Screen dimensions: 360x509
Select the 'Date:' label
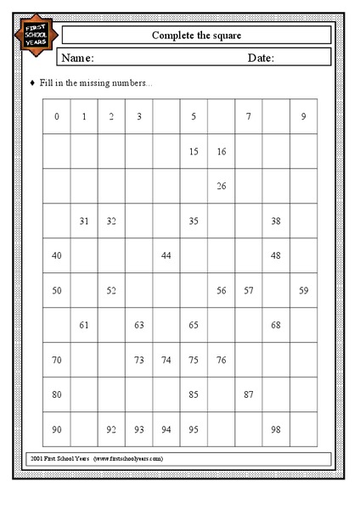[x=262, y=58]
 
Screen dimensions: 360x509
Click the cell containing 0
[x=57, y=116]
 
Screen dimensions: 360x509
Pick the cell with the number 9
[x=303, y=116]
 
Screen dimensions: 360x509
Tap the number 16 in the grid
[x=221, y=152]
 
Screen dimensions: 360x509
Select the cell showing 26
[x=221, y=186]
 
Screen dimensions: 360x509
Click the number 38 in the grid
[x=276, y=221]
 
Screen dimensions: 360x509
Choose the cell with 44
[x=166, y=255]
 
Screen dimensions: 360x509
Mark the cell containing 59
[x=303, y=290]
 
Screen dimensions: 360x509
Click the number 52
[x=111, y=290]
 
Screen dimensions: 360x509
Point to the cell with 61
[x=84, y=325]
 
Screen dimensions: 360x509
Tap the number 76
[x=221, y=360]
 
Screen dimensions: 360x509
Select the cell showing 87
[x=248, y=394]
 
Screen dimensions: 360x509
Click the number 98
[x=276, y=429]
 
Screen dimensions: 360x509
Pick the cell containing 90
[x=57, y=429]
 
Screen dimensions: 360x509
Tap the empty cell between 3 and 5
[x=166, y=116]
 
